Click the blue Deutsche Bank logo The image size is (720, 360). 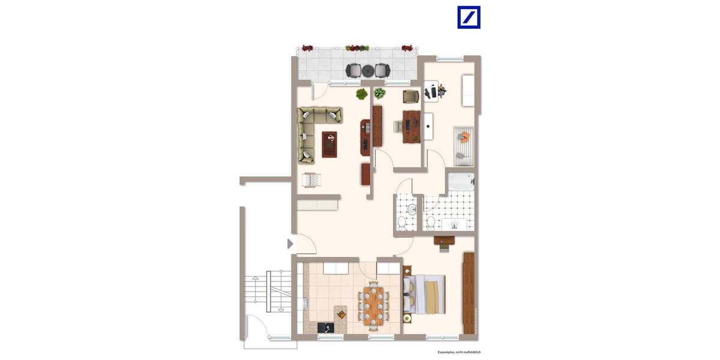pos(469,17)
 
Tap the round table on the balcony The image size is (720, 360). pos(367,70)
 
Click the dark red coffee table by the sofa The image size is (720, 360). pos(329,144)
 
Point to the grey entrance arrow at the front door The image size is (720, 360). pos(290,244)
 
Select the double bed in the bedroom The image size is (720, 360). pos(425,294)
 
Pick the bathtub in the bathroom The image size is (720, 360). pos(461,182)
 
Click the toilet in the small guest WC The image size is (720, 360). pos(403,224)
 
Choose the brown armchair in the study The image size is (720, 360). pos(410,96)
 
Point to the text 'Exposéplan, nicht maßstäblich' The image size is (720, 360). pos(459,353)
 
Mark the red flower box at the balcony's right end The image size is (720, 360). pos(407,47)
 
